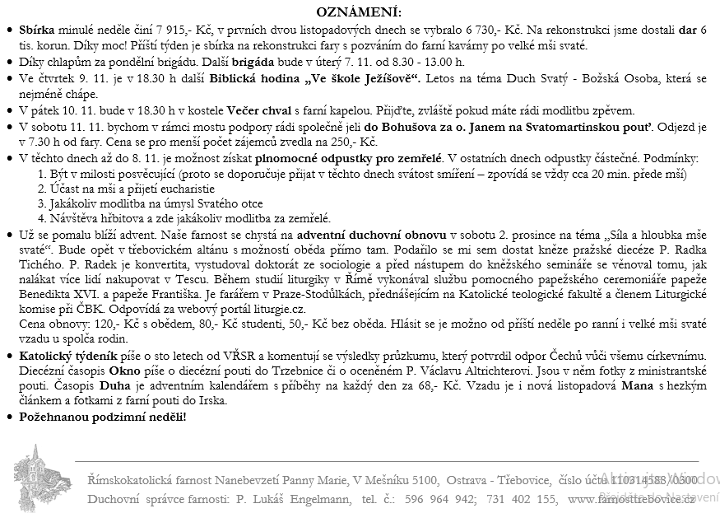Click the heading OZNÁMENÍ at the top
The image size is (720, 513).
point(360,12)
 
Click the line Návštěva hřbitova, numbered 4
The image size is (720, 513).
point(184,218)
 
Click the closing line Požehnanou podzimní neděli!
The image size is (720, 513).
point(102,417)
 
